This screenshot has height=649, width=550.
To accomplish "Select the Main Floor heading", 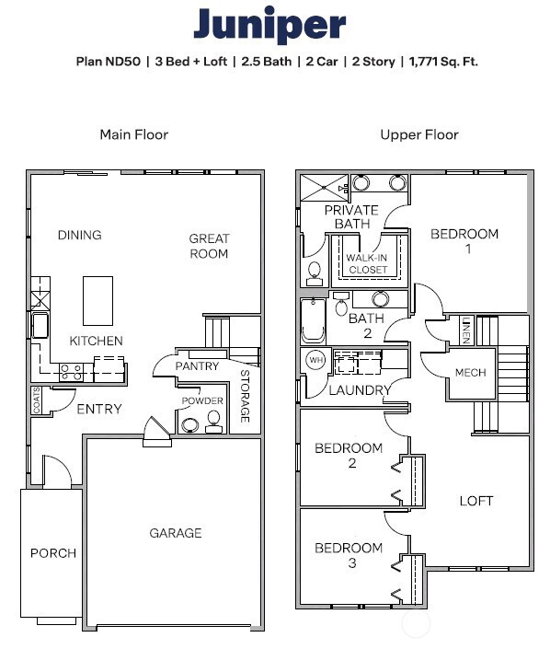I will point(133,134).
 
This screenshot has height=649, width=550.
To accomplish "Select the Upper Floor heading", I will point(419,134).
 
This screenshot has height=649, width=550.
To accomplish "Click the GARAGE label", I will point(175,533).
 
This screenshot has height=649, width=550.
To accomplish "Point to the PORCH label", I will point(53,553).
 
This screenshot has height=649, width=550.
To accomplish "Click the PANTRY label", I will point(197,366).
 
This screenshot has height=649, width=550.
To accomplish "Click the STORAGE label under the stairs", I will point(245,396).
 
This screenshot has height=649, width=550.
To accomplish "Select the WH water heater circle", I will point(315,360).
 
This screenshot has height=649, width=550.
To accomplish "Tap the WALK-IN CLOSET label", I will point(367,263).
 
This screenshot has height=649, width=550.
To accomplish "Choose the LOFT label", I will point(476,501).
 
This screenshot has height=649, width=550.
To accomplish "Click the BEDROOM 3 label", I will point(349,555).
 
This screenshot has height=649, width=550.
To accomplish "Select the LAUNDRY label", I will point(360,390).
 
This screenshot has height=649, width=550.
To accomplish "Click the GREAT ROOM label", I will point(209,246).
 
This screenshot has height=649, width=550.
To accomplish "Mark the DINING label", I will point(79,235).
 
